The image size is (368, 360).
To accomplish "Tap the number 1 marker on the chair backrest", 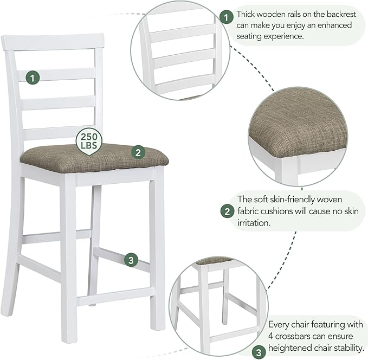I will (34, 78).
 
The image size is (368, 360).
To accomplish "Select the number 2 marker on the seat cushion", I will (138, 152).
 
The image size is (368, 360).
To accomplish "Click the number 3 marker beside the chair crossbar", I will (130, 260).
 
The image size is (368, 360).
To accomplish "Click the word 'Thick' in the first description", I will (248, 14).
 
